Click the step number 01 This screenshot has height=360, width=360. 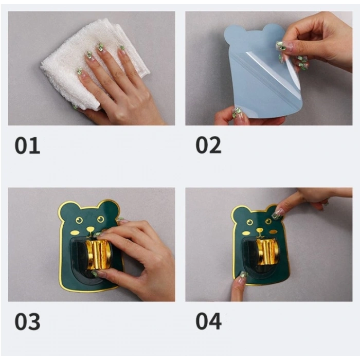tap(27, 146)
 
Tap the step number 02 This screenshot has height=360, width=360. tap(208, 146)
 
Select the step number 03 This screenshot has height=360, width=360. tap(27, 321)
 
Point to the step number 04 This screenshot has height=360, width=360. tap(208, 321)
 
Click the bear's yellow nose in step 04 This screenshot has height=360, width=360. tap(260, 230)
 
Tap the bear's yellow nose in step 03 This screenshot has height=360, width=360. tap(90, 229)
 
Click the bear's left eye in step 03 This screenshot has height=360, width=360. tap(79, 221)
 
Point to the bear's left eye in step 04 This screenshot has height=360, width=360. tap(249, 222)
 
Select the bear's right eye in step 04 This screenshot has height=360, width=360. tap(268, 222)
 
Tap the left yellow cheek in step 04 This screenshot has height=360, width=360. tap(246, 233)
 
